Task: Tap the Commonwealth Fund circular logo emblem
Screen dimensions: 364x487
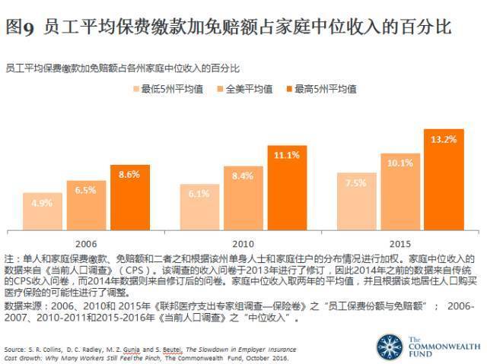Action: pos(390,346)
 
